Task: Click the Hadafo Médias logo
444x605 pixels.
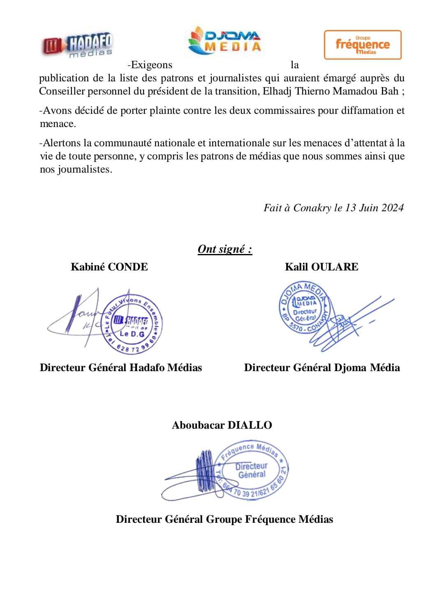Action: point(77,45)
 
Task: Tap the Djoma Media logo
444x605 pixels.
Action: point(225,41)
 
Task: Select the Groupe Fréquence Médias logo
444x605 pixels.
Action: point(362,45)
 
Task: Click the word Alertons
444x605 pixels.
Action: point(62,143)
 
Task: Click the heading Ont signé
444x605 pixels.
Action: point(224,249)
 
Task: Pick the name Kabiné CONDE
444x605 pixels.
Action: point(109,267)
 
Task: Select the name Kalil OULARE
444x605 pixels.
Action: point(321,267)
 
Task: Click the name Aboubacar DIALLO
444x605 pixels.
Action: point(222,425)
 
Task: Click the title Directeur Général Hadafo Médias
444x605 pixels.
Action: point(121,368)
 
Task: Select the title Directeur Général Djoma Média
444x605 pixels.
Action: point(322,368)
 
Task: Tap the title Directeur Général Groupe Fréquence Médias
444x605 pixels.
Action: point(224,520)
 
